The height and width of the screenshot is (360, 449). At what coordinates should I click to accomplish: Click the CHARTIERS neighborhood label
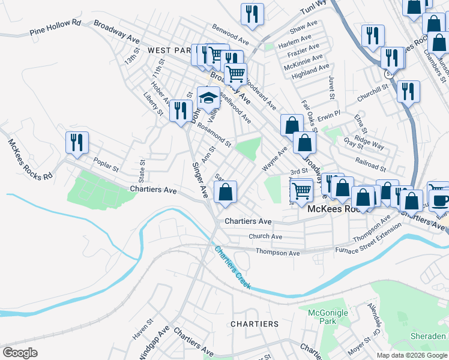click(x=255, y=324)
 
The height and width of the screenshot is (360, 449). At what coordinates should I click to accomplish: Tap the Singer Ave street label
click(x=200, y=180)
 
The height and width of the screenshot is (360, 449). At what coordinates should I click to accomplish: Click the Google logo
click(x=20, y=352)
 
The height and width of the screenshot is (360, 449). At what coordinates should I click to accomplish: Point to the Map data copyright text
click(x=412, y=355)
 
